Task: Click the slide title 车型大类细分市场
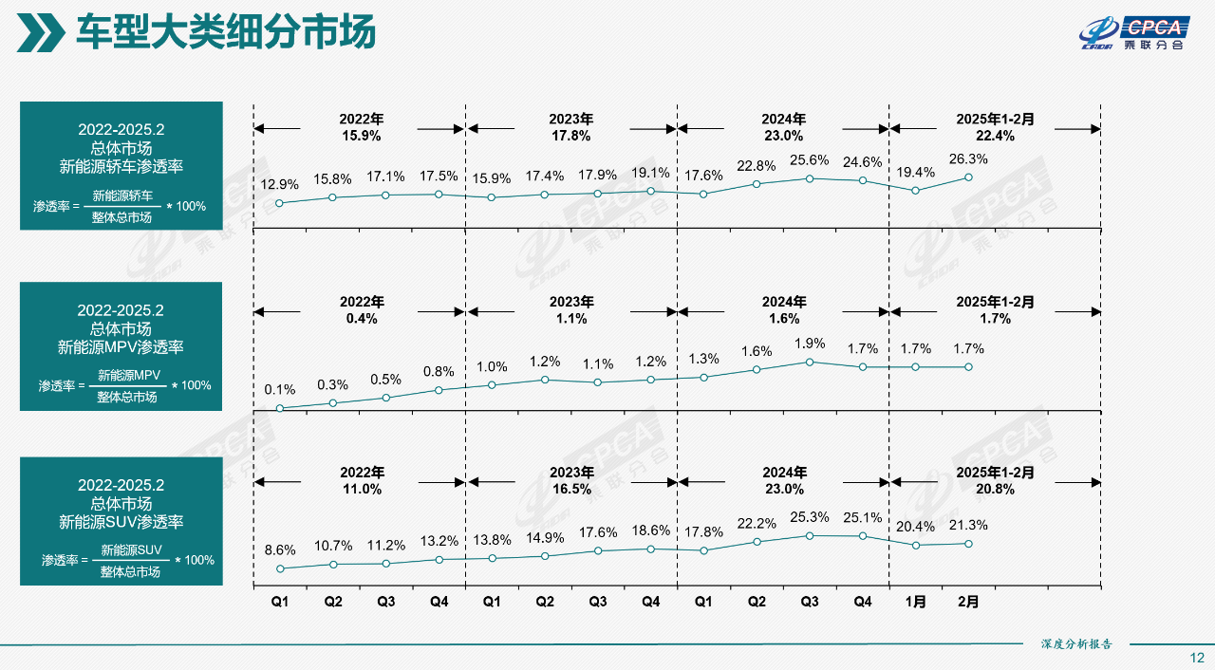pos(226,32)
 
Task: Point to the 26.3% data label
pos(968,159)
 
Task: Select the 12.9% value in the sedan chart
pos(279,184)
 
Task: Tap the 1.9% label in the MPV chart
pos(810,344)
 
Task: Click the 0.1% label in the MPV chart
pos(280,390)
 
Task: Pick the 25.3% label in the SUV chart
pos(810,517)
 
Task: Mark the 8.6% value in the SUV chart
pos(280,549)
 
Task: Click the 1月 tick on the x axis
pos(916,602)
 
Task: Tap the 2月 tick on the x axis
pos(968,602)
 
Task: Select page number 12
pos(1197,658)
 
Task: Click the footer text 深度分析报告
pos(1076,644)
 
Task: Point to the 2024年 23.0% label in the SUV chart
pos(783,481)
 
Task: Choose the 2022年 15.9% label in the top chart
pos(361,127)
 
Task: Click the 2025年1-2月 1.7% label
pos(994,310)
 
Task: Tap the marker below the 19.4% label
pos(916,191)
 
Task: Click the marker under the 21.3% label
pos(968,544)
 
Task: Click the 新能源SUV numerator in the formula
pos(132,550)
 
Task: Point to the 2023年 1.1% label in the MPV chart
pos(571,310)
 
